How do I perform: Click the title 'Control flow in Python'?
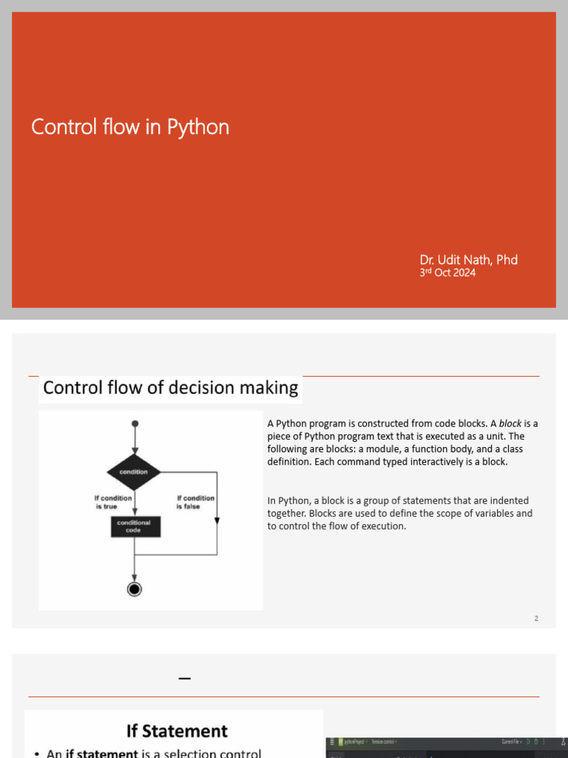[x=130, y=127]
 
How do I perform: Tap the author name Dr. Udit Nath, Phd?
[x=468, y=260]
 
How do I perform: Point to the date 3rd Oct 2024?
[x=447, y=272]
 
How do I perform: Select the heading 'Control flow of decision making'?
[x=170, y=388]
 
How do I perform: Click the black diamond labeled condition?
[x=134, y=472]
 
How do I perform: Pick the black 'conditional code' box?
[x=134, y=526]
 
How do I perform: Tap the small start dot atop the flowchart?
[x=135, y=423]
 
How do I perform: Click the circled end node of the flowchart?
[x=134, y=588]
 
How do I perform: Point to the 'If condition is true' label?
[x=113, y=502]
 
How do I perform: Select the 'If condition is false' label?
[x=195, y=502]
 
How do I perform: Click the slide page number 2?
[x=536, y=618]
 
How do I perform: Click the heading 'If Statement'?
[x=177, y=731]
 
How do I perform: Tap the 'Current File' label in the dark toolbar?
[x=512, y=742]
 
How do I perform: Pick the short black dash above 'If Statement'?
[x=185, y=677]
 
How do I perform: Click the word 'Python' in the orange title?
[x=197, y=127]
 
